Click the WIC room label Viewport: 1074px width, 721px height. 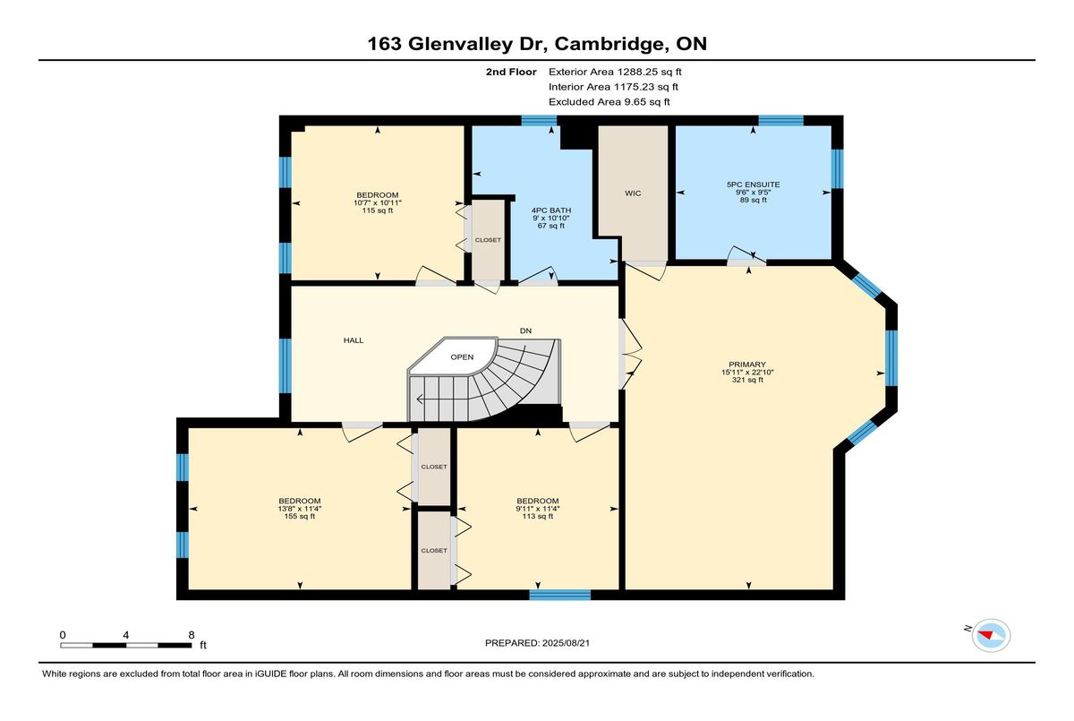click(x=633, y=193)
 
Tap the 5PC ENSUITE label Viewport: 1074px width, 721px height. click(x=754, y=185)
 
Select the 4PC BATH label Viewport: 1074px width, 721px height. click(x=551, y=210)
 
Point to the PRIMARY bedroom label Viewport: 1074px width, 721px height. click(x=747, y=365)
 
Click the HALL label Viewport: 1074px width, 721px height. click(x=354, y=340)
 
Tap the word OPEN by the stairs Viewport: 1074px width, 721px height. click(x=462, y=356)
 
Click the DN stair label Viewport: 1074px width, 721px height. click(x=526, y=330)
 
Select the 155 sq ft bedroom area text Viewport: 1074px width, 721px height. click(x=300, y=516)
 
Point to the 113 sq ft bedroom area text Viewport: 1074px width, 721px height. click(x=538, y=516)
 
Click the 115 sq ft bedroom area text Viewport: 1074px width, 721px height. click(x=378, y=210)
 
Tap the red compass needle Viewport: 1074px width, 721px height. click(x=985, y=635)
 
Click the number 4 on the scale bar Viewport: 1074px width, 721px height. click(x=125, y=635)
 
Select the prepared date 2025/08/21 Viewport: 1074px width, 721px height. click(x=566, y=643)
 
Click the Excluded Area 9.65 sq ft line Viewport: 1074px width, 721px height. click(x=609, y=102)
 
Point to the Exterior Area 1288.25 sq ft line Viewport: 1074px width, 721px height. click(x=615, y=72)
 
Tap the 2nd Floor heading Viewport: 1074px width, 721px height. click(x=511, y=72)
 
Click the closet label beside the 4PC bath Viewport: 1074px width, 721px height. click(x=488, y=240)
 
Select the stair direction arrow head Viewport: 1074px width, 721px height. click(x=420, y=399)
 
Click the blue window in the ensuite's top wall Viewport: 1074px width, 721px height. click(x=780, y=120)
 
